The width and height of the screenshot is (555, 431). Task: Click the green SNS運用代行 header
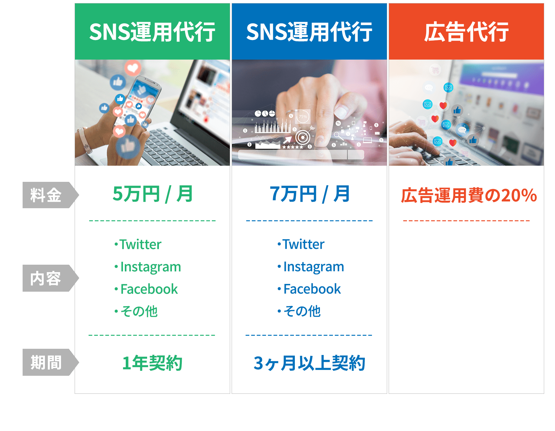(152, 32)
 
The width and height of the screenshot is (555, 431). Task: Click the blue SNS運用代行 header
(309, 32)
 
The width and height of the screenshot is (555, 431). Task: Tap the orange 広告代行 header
(466, 32)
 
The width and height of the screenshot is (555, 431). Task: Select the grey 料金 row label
(46, 195)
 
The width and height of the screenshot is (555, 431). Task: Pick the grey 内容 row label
(46, 278)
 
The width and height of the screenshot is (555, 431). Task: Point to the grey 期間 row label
(46, 362)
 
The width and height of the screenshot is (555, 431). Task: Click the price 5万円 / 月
(152, 194)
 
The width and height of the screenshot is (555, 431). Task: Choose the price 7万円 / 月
(309, 194)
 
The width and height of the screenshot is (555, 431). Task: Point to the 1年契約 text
(152, 363)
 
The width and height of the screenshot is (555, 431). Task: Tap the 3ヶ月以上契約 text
(309, 363)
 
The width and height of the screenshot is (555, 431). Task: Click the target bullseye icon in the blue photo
(303, 137)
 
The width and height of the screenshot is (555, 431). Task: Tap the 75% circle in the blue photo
(303, 117)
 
